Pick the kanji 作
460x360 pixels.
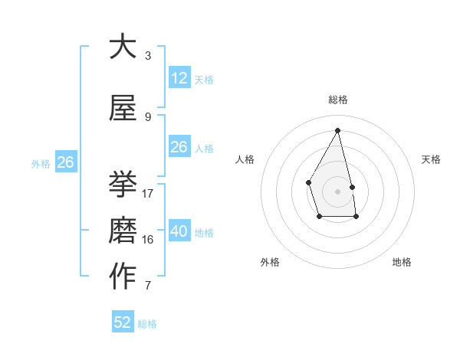[123, 277]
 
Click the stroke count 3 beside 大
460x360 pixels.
[148, 56]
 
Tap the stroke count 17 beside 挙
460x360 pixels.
[148, 194]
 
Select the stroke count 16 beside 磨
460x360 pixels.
[148, 240]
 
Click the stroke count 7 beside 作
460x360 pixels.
[148, 286]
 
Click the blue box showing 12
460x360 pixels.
[179, 78]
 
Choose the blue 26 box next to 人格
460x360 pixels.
[179, 147]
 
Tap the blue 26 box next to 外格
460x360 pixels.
[65, 162]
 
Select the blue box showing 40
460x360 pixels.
[179, 231]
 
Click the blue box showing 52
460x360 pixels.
[123, 322]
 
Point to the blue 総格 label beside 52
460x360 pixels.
[147, 324]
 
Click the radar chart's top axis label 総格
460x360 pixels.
[337, 100]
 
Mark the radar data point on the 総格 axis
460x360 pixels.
[337, 129]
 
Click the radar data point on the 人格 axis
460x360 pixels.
[308, 182]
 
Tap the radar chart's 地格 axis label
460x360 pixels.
[402, 262]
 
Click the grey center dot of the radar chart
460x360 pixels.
[337, 191]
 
